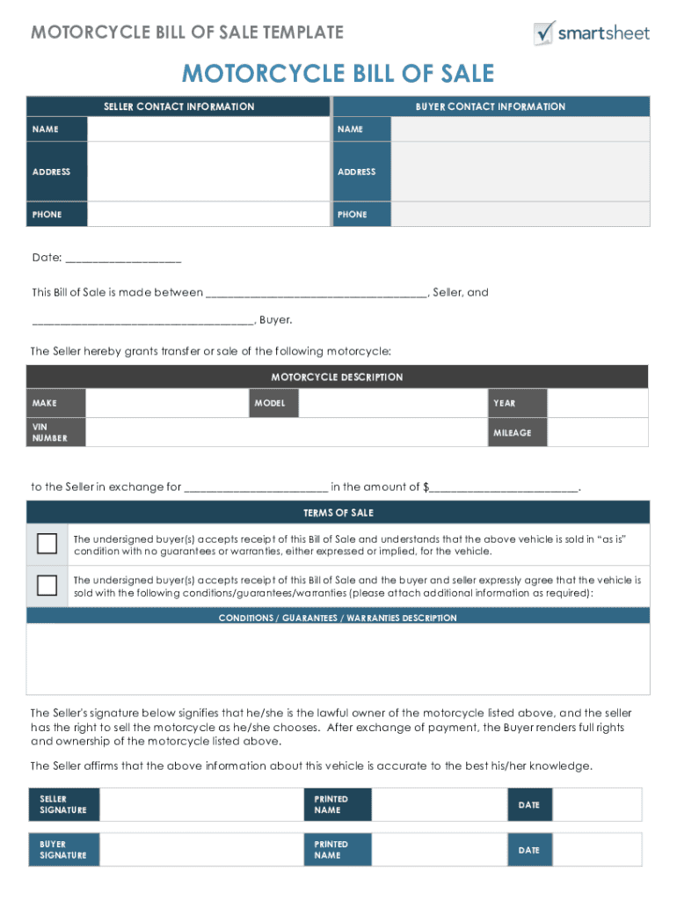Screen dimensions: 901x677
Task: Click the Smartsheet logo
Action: point(591,33)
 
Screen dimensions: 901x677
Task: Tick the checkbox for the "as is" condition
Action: point(47,543)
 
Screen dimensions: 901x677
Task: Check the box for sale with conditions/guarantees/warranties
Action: point(47,585)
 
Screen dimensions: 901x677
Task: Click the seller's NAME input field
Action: point(207,129)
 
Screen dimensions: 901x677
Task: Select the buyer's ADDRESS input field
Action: point(520,172)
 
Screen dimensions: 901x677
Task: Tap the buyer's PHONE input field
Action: point(520,214)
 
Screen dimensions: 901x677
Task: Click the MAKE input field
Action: point(167,403)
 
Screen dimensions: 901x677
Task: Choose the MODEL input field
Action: point(392,403)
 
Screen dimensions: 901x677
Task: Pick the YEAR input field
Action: point(597,403)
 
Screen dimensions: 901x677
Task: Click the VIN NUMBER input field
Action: point(287,432)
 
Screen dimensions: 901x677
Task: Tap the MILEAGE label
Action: point(512,433)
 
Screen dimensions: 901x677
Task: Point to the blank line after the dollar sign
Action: point(504,487)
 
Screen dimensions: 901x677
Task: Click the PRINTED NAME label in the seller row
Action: point(331,805)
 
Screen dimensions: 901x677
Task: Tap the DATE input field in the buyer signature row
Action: point(596,850)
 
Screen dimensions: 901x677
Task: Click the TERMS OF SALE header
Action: point(338,513)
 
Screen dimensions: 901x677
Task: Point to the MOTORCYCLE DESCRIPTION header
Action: point(337,377)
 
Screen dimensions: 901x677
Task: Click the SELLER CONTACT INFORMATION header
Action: point(178,106)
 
